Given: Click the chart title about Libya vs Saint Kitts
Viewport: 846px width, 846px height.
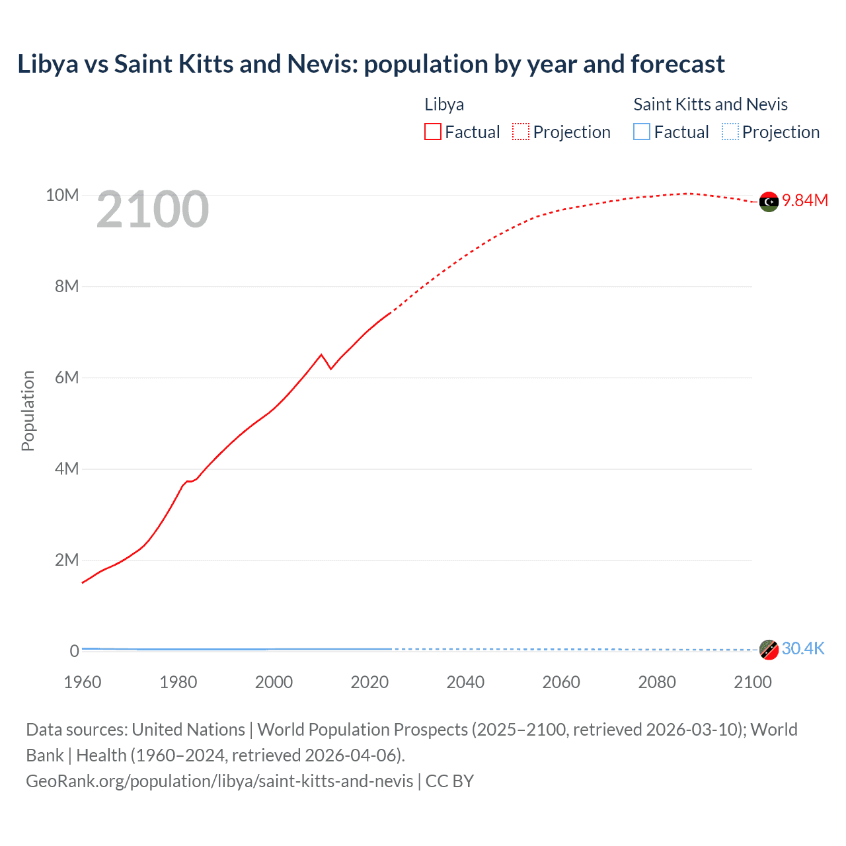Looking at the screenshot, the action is coord(371,64).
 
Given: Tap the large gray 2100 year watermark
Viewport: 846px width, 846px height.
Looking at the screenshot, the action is coord(153,210).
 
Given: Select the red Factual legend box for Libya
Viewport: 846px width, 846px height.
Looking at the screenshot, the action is coord(432,132).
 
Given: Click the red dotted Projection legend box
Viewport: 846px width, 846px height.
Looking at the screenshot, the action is coord(521,132).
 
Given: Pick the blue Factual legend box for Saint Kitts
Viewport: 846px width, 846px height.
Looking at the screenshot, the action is coord(641,132).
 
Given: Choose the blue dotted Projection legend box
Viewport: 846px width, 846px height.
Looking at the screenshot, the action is coord(730,132).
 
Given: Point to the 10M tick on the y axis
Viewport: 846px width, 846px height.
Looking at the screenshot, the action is coord(62,195).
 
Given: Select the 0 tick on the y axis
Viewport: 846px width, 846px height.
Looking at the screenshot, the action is coord(74,651).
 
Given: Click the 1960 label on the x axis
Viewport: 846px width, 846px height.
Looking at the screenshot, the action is coord(83,682).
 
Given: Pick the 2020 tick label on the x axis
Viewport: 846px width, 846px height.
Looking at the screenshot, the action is coord(369,682).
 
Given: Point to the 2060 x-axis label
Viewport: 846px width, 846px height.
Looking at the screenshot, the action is coord(561,682).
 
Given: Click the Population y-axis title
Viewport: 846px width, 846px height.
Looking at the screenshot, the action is coord(28,410).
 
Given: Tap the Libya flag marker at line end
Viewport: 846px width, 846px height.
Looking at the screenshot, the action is coord(769,202).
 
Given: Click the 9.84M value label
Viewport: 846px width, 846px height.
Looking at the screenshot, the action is coord(805,201).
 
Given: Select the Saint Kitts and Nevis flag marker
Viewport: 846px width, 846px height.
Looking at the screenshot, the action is coord(769,650).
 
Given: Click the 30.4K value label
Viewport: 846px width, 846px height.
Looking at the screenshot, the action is coord(803,648).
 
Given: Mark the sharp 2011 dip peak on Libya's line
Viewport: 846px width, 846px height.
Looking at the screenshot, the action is coord(322,355).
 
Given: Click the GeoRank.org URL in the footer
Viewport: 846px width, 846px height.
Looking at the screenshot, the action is coord(219,781).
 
